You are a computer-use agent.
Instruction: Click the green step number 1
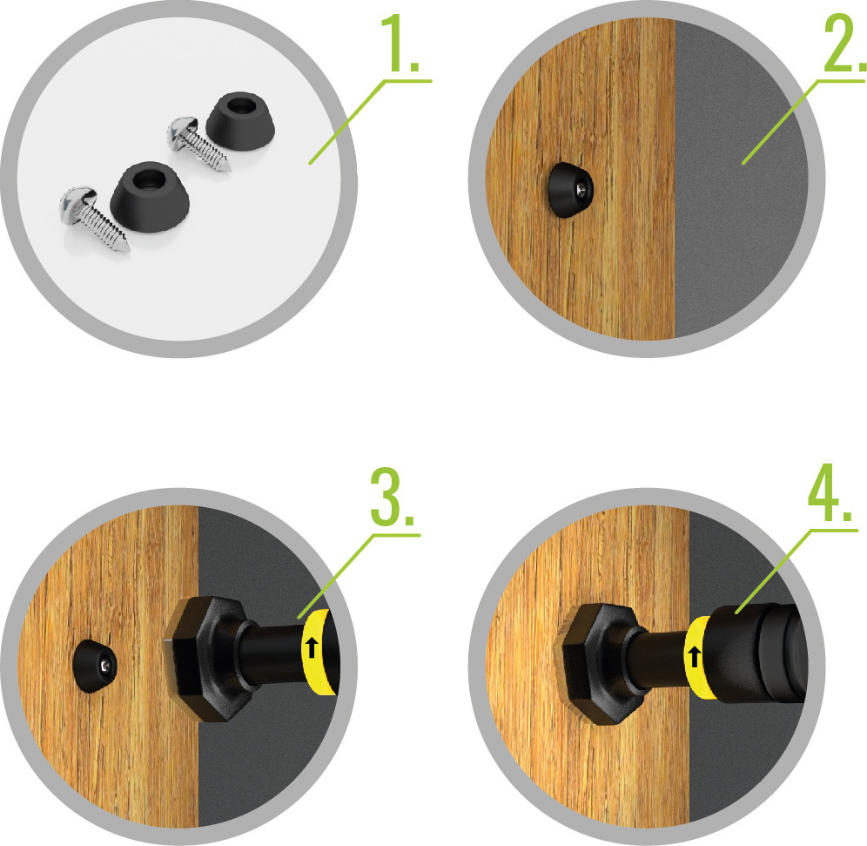400,44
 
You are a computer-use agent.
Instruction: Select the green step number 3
392,497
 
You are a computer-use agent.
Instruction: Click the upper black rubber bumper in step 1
240,121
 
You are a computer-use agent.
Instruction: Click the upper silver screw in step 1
198,143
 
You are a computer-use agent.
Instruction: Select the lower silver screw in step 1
94,219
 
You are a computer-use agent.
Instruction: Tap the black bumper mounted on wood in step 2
569,190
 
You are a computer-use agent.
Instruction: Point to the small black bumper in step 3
95,667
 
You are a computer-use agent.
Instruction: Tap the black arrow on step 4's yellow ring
695,657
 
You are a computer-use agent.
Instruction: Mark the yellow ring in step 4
698,657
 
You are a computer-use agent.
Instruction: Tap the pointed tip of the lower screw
128,250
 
